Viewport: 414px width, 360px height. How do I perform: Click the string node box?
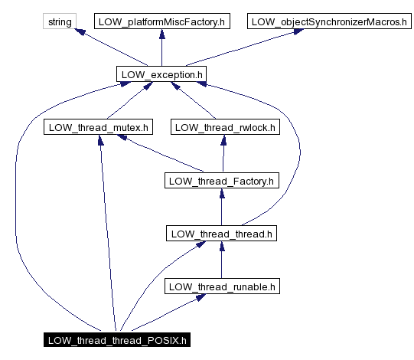point(59,21)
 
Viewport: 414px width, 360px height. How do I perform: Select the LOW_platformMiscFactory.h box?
point(161,21)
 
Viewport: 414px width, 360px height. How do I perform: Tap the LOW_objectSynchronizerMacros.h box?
point(325,21)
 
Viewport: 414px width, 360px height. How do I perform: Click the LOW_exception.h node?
point(161,74)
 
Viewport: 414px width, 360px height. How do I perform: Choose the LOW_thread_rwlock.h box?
point(223,127)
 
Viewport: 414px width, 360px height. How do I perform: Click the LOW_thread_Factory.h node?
point(221,181)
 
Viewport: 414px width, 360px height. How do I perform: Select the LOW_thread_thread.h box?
point(221,234)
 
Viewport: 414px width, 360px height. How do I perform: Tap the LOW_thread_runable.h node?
point(221,286)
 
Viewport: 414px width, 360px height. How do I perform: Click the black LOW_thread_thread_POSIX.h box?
point(116,339)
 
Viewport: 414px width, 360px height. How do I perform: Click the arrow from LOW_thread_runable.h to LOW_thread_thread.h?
point(221,260)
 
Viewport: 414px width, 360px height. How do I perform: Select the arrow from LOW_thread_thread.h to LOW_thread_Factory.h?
point(221,208)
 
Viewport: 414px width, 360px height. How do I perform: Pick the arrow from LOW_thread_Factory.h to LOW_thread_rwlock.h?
point(222,154)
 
